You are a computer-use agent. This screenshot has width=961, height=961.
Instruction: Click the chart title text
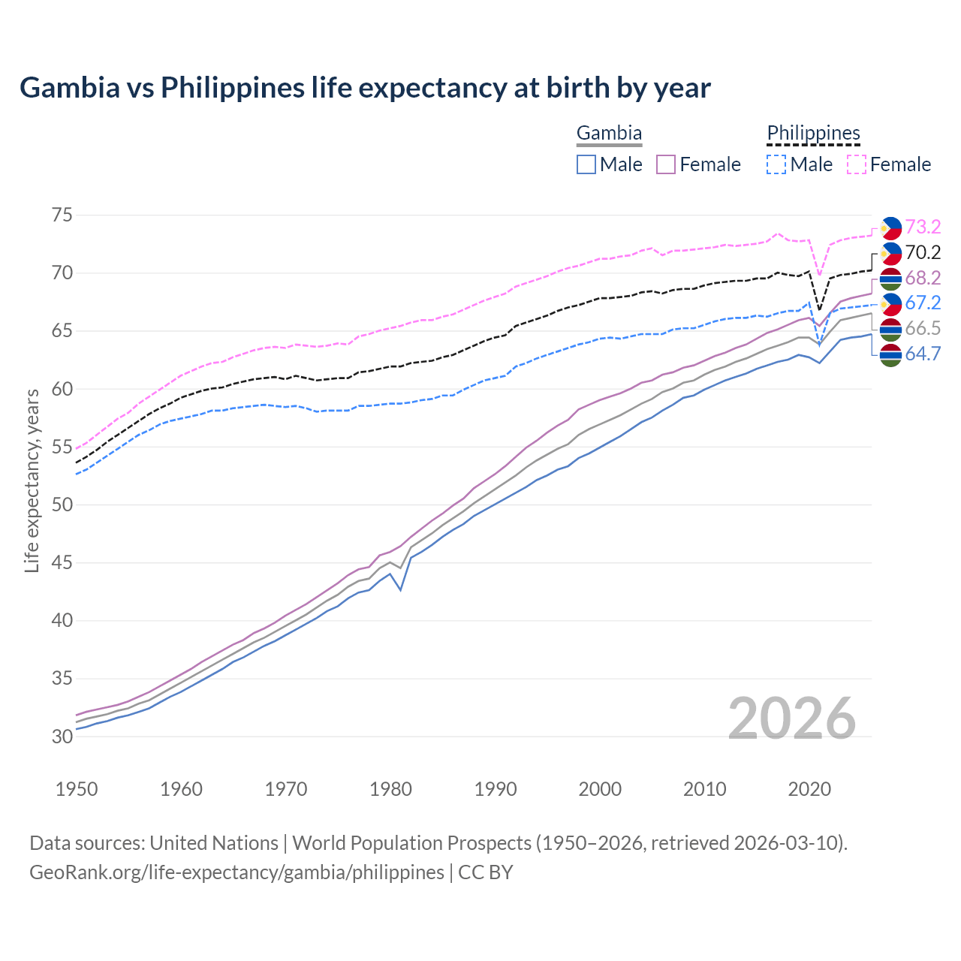click(x=365, y=88)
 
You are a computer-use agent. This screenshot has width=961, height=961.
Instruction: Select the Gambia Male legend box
click(x=586, y=164)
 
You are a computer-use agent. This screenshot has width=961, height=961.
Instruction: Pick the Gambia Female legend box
click(x=667, y=164)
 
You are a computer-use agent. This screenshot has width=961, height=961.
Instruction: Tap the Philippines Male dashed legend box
click(x=776, y=164)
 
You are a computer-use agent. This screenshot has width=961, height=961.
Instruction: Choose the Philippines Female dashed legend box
click(x=857, y=164)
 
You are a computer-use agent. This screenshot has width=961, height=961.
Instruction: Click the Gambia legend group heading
click(x=609, y=134)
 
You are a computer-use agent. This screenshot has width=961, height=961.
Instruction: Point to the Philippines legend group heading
click(x=813, y=134)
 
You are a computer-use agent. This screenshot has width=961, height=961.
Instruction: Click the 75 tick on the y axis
click(x=62, y=215)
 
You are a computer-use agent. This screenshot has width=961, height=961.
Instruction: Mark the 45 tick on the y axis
click(x=62, y=563)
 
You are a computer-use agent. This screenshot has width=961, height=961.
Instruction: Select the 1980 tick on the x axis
click(x=390, y=789)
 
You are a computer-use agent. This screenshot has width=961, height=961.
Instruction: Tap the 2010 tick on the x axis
click(x=704, y=789)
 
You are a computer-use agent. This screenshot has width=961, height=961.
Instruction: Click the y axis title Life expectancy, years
click(x=32, y=480)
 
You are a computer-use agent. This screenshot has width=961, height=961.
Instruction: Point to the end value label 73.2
click(x=923, y=227)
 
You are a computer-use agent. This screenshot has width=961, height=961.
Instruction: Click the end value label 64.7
click(x=923, y=354)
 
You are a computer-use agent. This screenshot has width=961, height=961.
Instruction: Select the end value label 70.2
click(x=923, y=252)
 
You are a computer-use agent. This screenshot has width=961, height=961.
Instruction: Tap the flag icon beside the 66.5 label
click(x=890, y=329)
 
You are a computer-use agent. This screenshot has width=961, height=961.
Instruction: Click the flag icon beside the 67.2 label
click(x=890, y=303)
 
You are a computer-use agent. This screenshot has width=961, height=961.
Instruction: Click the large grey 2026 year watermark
click(x=791, y=718)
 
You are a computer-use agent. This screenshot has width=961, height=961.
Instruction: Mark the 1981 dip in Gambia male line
click(x=401, y=590)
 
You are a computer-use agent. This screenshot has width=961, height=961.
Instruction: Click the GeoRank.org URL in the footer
click(x=236, y=872)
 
